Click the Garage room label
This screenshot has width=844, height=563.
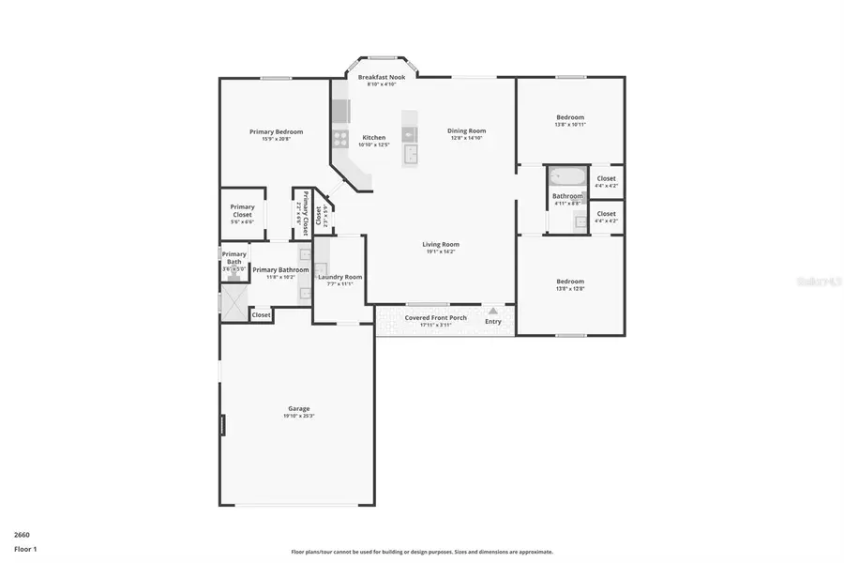click(x=297, y=408)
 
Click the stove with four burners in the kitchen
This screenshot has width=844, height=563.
click(x=339, y=140)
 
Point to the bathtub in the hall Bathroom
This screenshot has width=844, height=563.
click(x=566, y=175)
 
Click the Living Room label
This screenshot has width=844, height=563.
click(x=440, y=244)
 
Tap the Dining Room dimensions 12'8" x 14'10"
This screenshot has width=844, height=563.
click(x=466, y=138)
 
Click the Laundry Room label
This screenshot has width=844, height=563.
click(x=339, y=277)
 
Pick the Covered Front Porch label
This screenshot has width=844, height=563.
click(x=435, y=317)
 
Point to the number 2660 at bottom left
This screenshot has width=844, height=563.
click(x=22, y=534)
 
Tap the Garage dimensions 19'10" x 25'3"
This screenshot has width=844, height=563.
click(x=297, y=416)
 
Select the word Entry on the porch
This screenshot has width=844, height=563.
click(x=493, y=322)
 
